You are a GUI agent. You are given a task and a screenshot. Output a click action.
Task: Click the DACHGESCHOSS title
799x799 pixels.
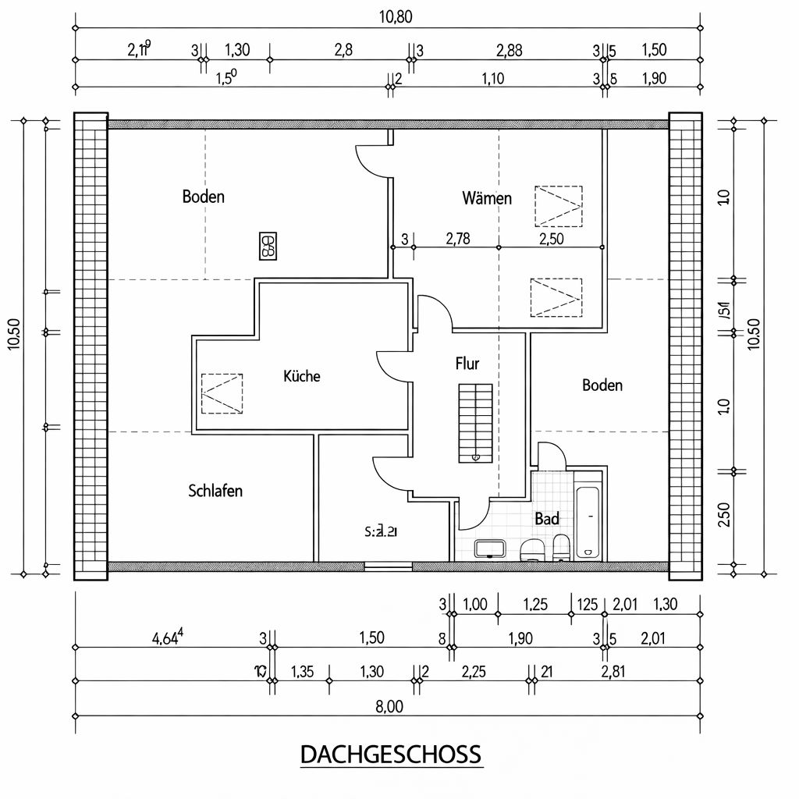[391, 755]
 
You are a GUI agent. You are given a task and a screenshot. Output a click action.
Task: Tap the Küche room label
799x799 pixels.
[301, 376]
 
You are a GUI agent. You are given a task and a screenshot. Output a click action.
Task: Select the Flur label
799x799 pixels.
[467, 363]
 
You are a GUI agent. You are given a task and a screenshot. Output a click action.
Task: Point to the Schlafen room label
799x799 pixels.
[215, 491]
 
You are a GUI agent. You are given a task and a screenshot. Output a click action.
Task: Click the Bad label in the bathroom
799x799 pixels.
[547, 518]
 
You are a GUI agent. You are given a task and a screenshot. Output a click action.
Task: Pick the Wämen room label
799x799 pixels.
[487, 198]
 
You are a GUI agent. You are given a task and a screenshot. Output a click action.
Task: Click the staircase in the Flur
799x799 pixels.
[474, 422]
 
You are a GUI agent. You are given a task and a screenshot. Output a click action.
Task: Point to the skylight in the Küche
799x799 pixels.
[222, 393]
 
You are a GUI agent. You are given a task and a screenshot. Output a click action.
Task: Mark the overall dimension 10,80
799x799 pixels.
[396, 17]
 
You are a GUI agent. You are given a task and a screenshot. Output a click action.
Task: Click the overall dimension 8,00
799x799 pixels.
[389, 706]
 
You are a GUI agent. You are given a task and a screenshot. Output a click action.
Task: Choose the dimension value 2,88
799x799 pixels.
[510, 51]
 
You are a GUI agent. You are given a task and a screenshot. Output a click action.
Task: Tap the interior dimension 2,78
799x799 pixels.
[457, 239]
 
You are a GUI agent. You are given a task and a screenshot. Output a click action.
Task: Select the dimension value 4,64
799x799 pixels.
[168, 637]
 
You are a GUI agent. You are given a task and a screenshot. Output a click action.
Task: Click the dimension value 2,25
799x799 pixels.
[474, 671]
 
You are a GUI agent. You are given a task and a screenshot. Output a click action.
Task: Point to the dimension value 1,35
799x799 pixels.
[302, 671]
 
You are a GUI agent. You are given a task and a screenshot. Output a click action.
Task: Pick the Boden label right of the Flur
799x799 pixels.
[602, 385]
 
